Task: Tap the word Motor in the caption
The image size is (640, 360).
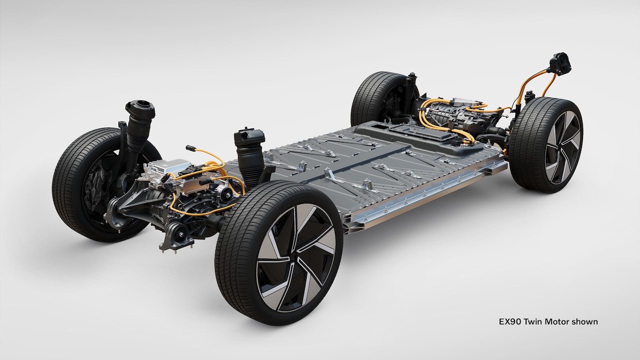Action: click(557, 321)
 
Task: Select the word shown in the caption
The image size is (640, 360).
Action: click(585, 321)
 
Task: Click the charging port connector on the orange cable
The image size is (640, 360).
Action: click(560, 64)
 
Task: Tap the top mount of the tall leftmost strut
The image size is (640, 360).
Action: click(140, 107)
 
